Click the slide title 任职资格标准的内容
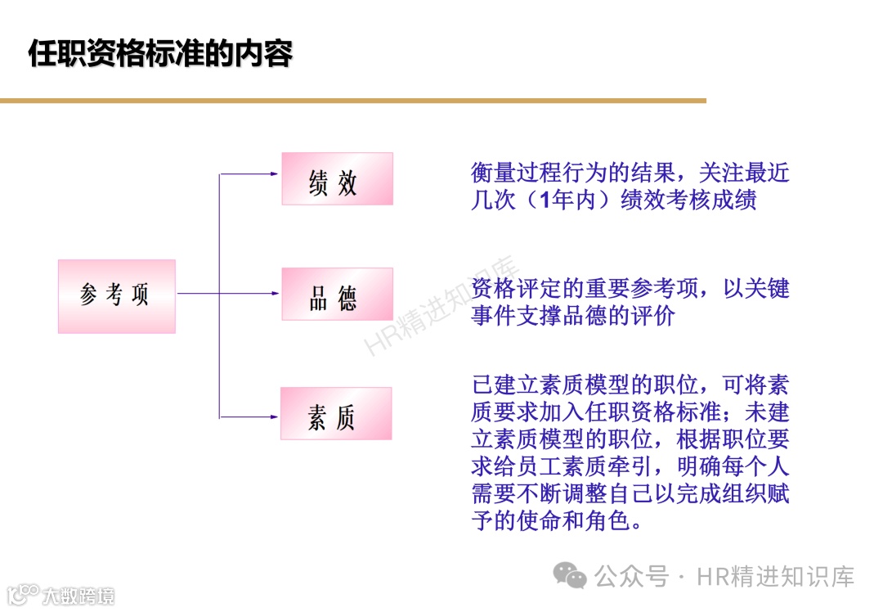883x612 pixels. [x=160, y=54]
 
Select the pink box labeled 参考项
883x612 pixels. [x=116, y=295]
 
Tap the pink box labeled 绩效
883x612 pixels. [x=337, y=178]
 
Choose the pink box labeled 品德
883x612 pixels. [x=337, y=294]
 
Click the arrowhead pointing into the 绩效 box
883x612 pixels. [x=276, y=173]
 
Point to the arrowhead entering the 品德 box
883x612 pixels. [x=276, y=293]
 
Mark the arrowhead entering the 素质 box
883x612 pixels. [x=275, y=416]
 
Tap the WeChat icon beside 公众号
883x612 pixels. [x=569, y=575]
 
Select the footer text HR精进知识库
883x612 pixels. [x=775, y=576]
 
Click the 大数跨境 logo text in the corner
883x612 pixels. [x=78, y=595]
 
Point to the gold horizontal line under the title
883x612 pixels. [x=352, y=101]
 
